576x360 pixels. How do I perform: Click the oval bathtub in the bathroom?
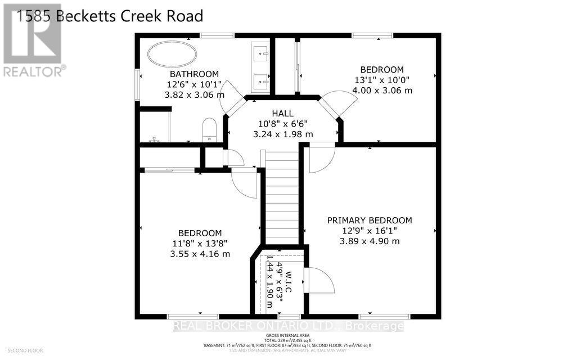click(x=172, y=55)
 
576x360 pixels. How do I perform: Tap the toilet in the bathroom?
click(x=209, y=130)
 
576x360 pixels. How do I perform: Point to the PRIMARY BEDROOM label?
click(x=370, y=220)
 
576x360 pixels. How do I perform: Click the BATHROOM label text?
click(x=194, y=74)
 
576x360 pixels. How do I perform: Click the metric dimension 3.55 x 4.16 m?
click(x=200, y=254)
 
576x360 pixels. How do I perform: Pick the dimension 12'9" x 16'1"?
click(x=370, y=231)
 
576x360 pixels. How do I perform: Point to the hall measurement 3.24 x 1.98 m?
click(x=283, y=134)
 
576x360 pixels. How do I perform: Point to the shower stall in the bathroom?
click(x=154, y=126)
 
